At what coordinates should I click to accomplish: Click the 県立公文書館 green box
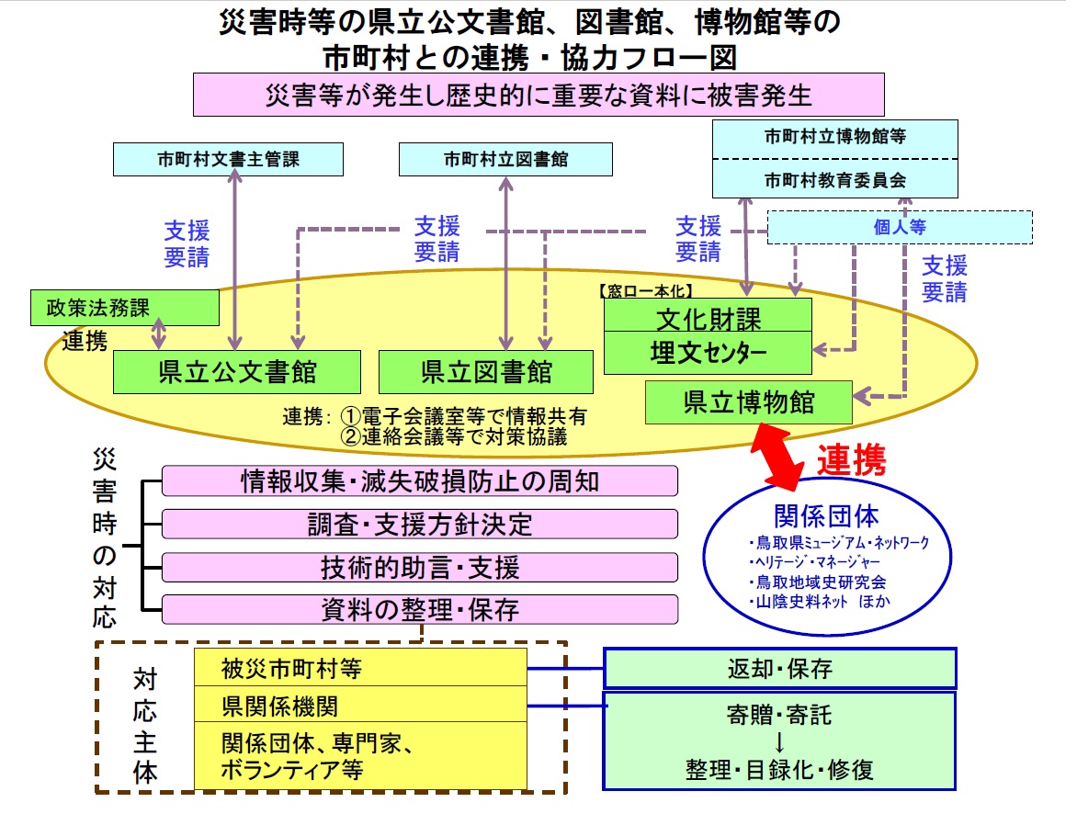click(x=237, y=372)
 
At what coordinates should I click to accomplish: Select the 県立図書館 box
click(x=486, y=372)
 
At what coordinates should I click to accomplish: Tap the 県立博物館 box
click(x=749, y=402)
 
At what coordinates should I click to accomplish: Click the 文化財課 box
click(x=708, y=318)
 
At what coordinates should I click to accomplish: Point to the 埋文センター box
click(x=708, y=352)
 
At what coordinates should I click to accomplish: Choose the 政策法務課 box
click(x=125, y=308)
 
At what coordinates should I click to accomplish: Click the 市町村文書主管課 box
click(x=228, y=159)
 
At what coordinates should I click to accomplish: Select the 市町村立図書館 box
click(x=505, y=159)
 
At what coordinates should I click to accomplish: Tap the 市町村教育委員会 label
click(x=835, y=179)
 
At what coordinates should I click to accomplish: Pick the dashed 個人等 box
click(x=899, y=227)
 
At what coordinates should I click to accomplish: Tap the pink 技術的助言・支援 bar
click(x=420, y=568)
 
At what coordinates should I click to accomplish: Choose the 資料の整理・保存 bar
click(x=420, y=609)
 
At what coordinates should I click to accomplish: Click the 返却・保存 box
click(x=779, y=668)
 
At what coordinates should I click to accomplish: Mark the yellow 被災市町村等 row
click(x=360, y=667)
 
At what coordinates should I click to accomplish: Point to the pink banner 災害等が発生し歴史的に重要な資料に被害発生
click(x=538, y=95)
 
